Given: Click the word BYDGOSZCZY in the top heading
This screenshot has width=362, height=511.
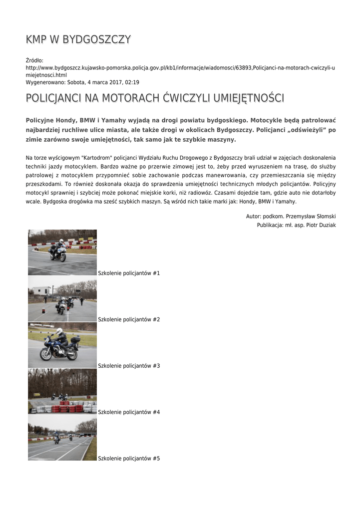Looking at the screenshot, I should [97, 39].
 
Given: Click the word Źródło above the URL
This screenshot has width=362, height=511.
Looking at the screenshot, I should [34, 60].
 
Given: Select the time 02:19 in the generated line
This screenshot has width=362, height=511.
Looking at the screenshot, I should [132, 82].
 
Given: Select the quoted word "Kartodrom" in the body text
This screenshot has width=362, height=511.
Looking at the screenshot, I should [96, 158].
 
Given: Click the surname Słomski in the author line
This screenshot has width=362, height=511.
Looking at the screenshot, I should [324, 216].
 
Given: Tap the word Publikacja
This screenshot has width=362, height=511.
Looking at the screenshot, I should [270, 225].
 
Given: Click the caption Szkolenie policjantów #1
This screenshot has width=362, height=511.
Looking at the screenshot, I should [129, 273].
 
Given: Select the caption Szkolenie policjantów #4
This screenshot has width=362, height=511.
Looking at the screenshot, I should [129, 412].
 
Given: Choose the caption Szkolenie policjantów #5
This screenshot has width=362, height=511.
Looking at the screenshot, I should [129, 458].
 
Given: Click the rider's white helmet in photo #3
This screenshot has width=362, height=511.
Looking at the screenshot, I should [59, 331].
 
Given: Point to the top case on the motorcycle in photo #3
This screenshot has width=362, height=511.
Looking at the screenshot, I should [75, 339].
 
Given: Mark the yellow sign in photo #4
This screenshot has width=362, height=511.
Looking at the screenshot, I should [30, 406].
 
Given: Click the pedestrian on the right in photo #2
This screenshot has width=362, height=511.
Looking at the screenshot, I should [82, 301].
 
